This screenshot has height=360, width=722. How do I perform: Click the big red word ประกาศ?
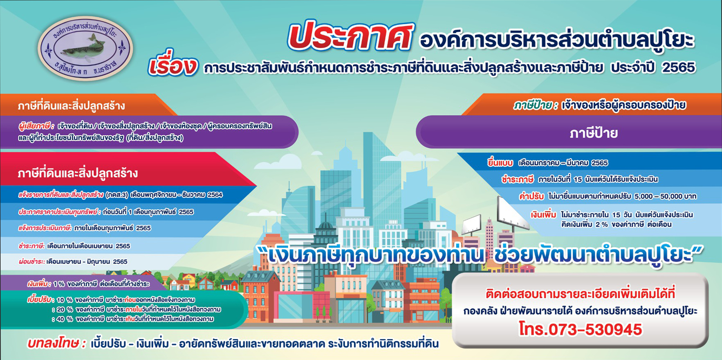point(351,37)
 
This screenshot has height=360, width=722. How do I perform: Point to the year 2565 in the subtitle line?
point(679,67)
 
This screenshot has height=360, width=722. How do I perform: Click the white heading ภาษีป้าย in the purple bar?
point(594,133)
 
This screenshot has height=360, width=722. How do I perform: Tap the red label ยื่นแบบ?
point(500,163)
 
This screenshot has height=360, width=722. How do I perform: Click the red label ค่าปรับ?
point(531,196)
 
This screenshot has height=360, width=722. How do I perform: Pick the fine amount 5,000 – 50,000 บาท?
point(665,197)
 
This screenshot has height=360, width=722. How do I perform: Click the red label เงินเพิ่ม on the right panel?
point(543,215)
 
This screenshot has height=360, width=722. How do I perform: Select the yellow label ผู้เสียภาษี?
point(36,126)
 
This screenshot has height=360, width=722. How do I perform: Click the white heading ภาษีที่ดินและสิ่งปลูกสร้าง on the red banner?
point(78,173)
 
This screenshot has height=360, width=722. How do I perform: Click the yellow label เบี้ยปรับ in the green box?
point(39,300)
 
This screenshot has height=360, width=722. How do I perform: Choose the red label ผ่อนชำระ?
point(31,262)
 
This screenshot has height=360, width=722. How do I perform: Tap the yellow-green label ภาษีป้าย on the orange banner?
point(536,105)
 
